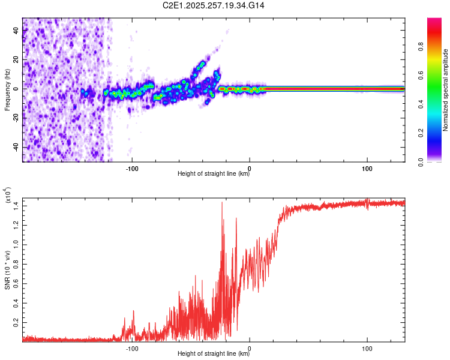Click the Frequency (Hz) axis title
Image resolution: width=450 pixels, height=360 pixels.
[7, 89]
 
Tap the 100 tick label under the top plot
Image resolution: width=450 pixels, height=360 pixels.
[367, 167]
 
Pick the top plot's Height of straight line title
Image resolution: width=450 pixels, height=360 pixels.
[214, 174]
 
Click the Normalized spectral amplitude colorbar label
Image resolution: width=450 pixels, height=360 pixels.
[446, 89]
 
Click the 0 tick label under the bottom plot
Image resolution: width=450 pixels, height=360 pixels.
[250, 347]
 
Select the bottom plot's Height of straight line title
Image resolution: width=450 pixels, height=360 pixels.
[214, 354]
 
